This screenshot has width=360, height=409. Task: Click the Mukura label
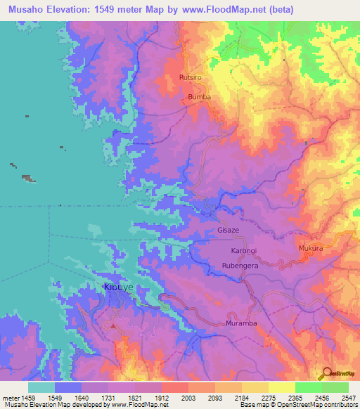309,248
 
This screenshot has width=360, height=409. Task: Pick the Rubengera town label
242,266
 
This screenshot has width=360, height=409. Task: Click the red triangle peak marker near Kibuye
112,326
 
